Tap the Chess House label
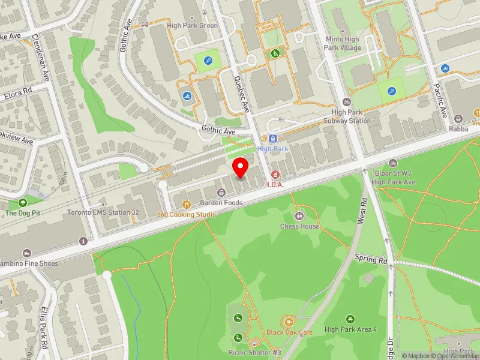coord(299,226)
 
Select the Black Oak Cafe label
coord(290,332)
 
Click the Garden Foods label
coord(221,203)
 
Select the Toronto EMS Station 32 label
coord(103,212)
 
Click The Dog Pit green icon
coord(22,203)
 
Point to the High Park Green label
coord(192,26)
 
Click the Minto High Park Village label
coord(343,43)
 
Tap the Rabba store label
coord(458,129)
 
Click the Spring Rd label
coord(371,260)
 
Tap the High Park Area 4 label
coord(350,329)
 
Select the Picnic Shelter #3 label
coord(254,352)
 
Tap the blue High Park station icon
coord(273,139)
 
